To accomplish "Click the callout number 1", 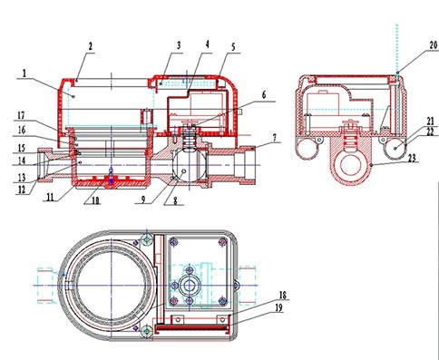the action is pyautogui.click(x=24, y=73).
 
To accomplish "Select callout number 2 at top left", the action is pyautogui.click(x=90, y=46).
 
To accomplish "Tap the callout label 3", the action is pyautogui.click(x=179, y=45).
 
